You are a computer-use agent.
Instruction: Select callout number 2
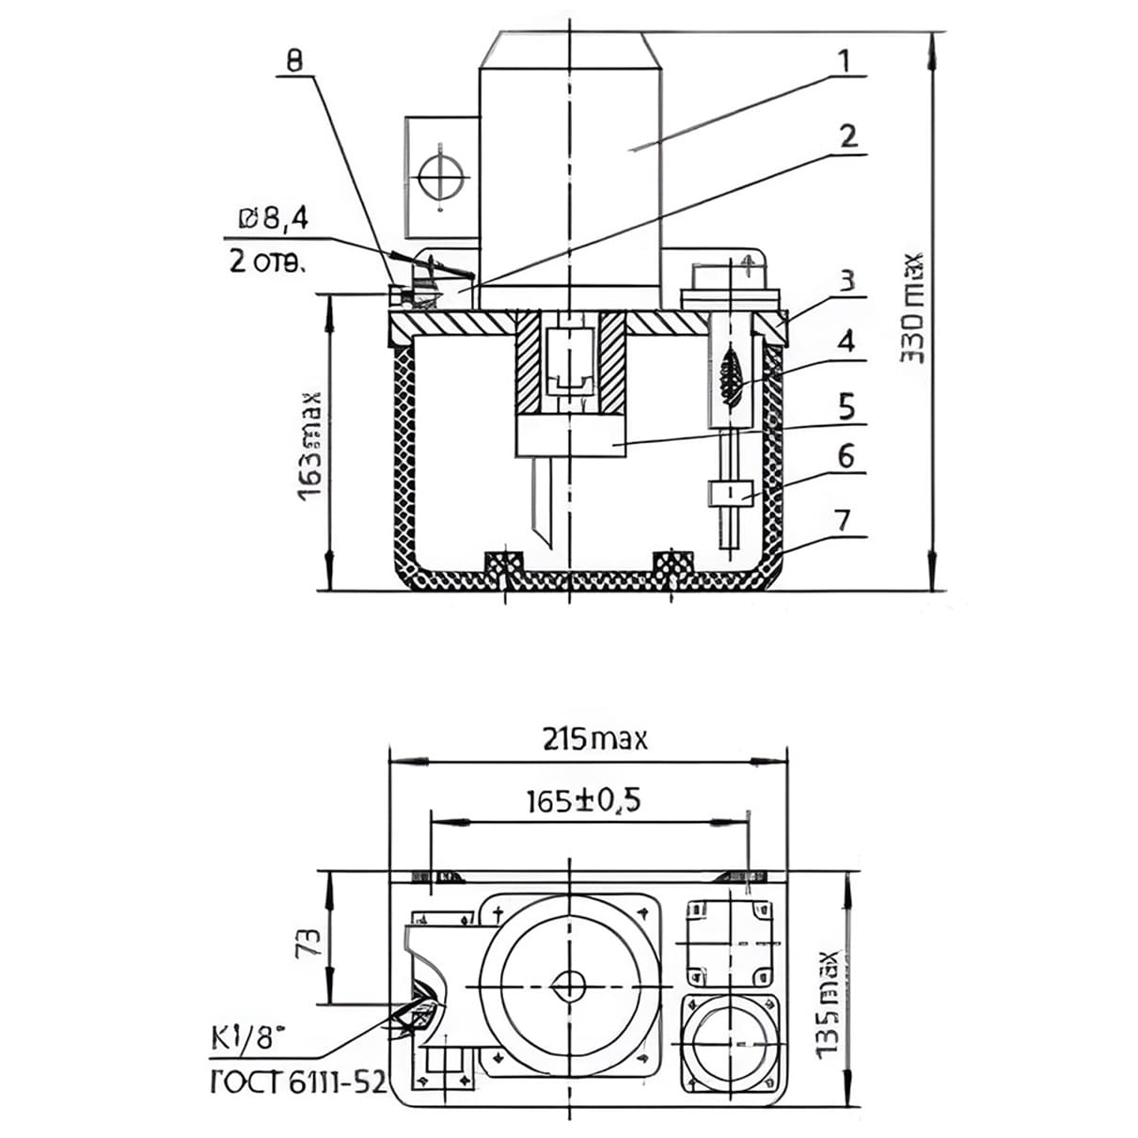(847, 136)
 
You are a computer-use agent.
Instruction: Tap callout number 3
(846, 280)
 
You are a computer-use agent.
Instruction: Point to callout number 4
(846, 340)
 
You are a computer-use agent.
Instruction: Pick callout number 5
(846, 408)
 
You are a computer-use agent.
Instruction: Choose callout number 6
(846, 457)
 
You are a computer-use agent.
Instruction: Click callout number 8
(295, 62)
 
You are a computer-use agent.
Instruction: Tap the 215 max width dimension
(595, 739)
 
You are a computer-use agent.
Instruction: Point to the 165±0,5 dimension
(583, 801)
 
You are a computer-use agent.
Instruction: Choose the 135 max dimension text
(827, 1004)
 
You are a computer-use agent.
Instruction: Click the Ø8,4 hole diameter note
(273, 220)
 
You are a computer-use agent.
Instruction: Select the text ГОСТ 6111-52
(296, 1083)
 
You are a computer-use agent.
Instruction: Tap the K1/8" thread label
(245, 1038)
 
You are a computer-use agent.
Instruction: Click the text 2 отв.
(267, 261)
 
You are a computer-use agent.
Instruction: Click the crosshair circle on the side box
(440, 177)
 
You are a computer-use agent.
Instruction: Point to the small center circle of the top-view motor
(569, 986)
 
